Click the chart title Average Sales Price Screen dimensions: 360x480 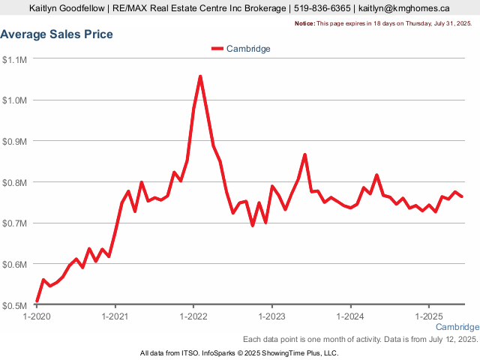[x=57, y=34]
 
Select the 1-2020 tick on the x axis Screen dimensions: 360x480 [x=37, y=316]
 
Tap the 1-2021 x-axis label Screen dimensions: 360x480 [x=115, y=316]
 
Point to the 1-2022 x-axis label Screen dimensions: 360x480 [x=193, y=316]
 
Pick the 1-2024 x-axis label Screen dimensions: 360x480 [x=350, y=316]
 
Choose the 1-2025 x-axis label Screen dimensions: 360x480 [x=428, y=316]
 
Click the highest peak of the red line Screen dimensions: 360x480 [x=200, y=76]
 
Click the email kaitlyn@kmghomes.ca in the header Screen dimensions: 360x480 [x=403, y=9]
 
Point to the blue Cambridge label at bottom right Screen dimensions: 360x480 [x=457, y=328]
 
